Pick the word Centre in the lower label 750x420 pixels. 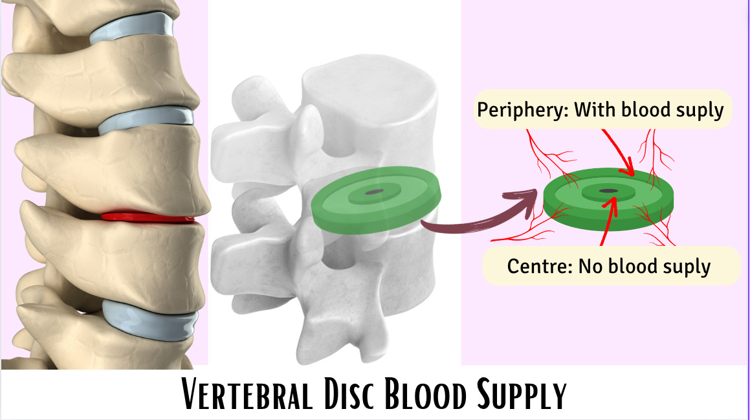tap(535, 266)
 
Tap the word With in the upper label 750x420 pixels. tap(595, 110)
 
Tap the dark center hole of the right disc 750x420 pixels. tap(608, 190)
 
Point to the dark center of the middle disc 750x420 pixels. tap(375, 192)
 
